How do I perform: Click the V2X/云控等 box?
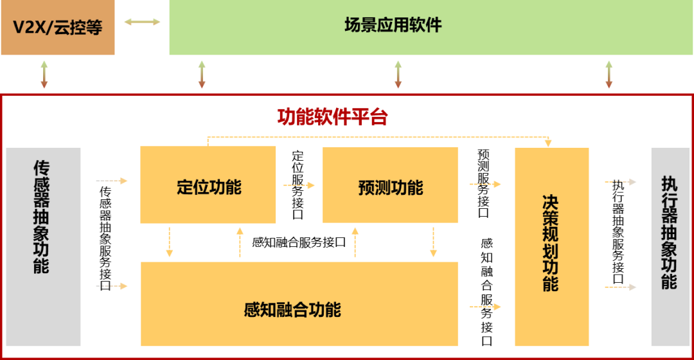click(58, 28)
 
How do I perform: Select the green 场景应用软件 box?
click(431, 28)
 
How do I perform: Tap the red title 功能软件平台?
click(332, 118)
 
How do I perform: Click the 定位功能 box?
click(208, 185)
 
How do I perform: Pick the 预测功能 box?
click(390, 185)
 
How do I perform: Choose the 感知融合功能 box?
click(299, 304)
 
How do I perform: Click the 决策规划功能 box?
click(551, 247)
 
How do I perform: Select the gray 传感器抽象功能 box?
click(44, 247)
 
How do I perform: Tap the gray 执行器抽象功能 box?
click(670, 247)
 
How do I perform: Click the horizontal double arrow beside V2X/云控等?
click(142, 22)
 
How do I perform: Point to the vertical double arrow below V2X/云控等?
click(44, 75)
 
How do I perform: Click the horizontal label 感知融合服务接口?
click(299, 242)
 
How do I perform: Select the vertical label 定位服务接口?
click(298, 185)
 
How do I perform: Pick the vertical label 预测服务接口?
click(483, 183)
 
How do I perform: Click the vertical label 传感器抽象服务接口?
click(105, 239)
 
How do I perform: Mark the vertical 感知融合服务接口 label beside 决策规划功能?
click(487, 292)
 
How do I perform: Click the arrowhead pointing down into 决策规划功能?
click(548, 143)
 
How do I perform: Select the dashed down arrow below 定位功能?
click(169, 242)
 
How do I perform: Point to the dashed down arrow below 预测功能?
click(433, 242)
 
